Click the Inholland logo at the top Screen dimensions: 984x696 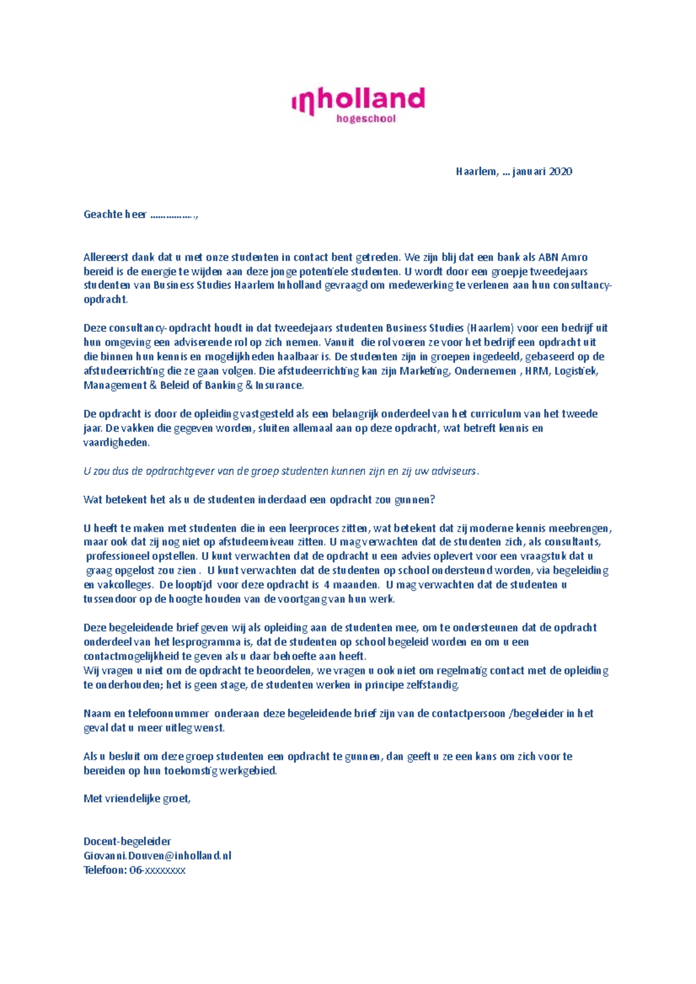358,101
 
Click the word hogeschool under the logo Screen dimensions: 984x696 366,119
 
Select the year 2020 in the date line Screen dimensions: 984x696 560,172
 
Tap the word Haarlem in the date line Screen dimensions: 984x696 476,172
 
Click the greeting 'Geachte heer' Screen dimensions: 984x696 115,214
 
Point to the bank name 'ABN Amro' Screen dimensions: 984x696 563,257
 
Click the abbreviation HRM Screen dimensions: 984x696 536,371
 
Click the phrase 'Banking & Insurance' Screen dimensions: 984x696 254,385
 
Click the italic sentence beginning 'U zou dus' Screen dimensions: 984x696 281,471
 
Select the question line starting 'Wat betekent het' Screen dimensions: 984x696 259,500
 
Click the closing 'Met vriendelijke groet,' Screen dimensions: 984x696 137,799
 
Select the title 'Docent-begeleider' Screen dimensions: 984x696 127,841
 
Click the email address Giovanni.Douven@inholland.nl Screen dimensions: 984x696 157,856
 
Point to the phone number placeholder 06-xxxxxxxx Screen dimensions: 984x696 157,870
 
